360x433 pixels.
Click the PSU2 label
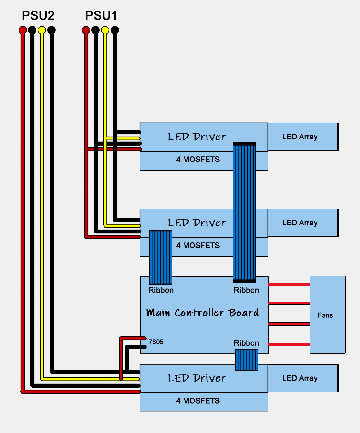tap(38, 15)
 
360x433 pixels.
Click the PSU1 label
tap(101, 15)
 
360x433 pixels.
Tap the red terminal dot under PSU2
tap(23, 30)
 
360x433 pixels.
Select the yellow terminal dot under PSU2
tap(42, 30)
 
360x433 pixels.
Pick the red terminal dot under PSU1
tap(86, 30)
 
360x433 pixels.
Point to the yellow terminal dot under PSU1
tap(105, 30)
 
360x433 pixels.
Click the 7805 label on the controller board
tap(156, 342)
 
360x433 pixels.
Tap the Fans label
tap(325, 315)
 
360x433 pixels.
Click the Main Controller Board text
tap(203, 312)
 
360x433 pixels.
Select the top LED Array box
tap(303, 137)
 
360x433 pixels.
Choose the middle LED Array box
tap(303, 223)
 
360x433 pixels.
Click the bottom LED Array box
tap(303, 378)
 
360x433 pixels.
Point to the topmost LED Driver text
tap(197, 137)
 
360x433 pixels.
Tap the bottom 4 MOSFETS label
tap(198, 401)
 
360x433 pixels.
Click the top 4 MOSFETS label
tap(198, 159)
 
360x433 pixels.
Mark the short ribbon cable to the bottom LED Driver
tap(247, 360)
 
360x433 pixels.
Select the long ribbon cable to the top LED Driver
tap(244, 212)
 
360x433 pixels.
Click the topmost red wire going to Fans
tap(289, 284)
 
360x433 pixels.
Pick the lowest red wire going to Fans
tap(289, 345)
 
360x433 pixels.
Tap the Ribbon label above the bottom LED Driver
tap(247, 343)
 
